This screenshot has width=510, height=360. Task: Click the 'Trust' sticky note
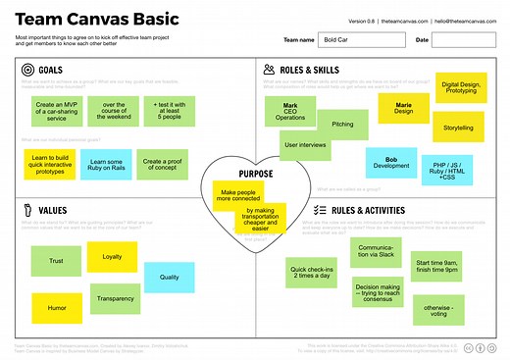point(56,261)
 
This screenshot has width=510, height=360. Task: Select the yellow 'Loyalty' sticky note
point(112,256)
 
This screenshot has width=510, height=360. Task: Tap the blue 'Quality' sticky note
point(169,278)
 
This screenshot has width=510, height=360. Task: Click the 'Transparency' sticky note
point(116,299)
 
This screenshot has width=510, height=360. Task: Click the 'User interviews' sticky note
point(305,145)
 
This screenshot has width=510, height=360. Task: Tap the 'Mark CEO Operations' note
point(290,111)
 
